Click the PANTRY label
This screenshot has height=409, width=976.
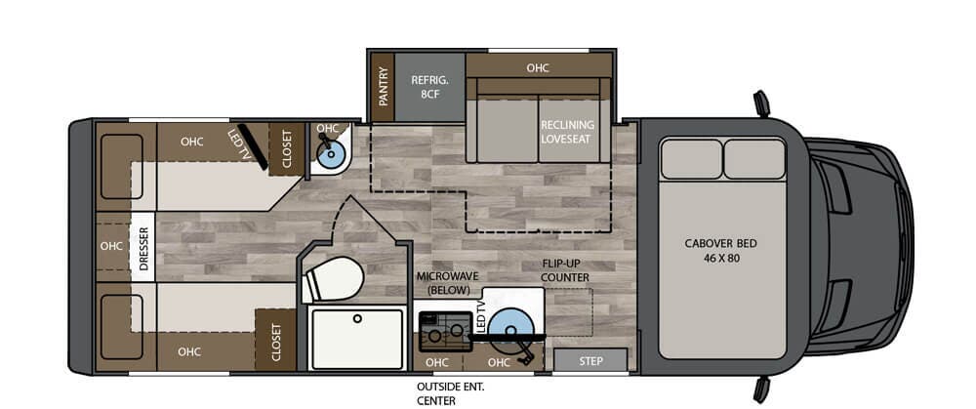383,87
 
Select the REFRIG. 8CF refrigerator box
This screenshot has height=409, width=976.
428,87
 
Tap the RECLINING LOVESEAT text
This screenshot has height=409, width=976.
567,132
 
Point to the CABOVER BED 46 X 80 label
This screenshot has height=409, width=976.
722,249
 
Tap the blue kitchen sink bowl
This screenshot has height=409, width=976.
508,325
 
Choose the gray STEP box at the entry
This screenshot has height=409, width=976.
590,360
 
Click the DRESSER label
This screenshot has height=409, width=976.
142,246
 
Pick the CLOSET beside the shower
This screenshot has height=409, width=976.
276,342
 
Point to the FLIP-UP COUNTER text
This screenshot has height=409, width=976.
566,270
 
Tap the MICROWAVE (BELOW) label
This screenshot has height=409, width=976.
448,283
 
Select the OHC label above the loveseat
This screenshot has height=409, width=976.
538,68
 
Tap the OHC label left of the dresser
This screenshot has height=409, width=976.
110,246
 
